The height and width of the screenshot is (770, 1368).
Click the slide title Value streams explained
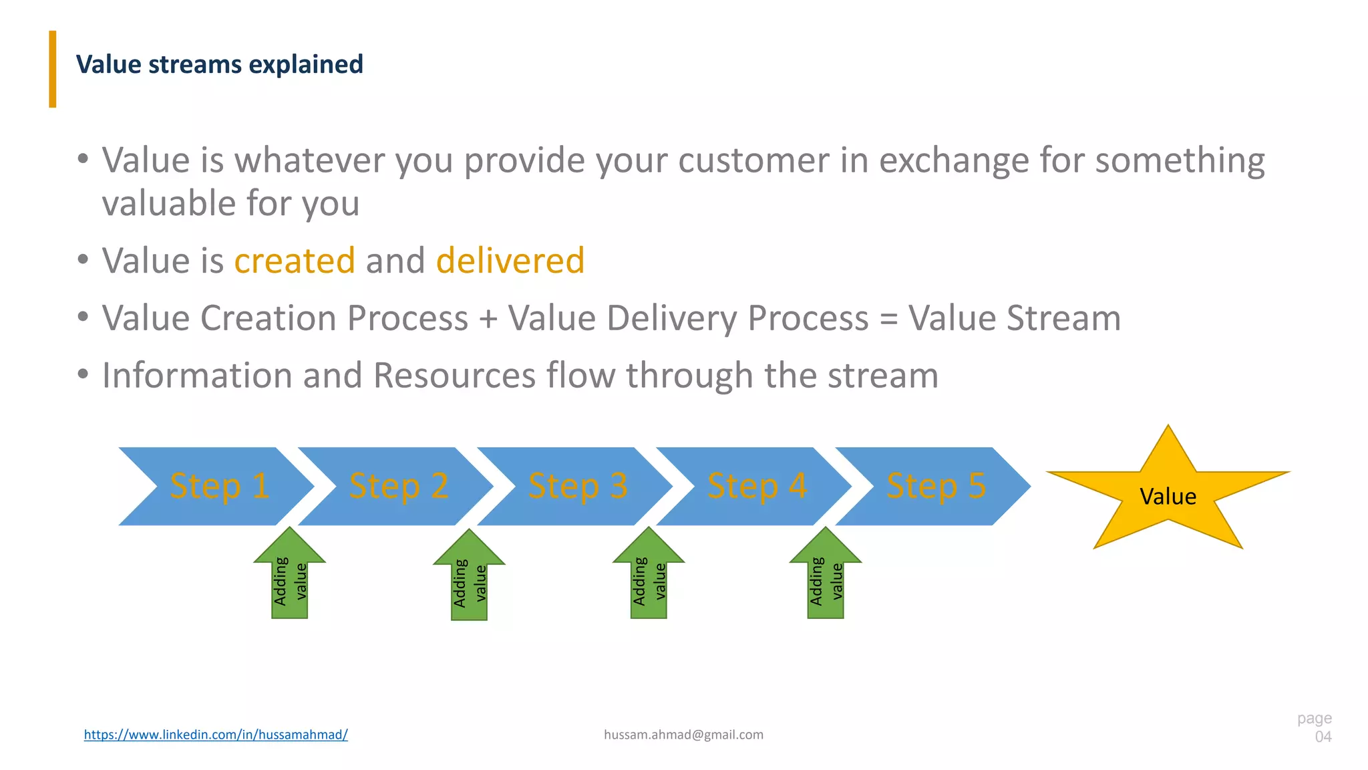219,65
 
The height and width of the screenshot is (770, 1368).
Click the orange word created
295,260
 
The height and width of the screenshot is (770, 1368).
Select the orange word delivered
510,260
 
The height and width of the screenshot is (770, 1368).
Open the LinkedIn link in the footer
216,735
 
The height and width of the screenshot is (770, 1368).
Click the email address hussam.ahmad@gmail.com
683,735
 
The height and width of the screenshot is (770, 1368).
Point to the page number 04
1323,737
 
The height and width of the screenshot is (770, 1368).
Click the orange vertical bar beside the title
53,69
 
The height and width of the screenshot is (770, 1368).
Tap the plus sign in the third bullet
488,319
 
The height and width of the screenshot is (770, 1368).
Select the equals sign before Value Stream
888,319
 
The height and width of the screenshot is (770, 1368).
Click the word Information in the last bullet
197,375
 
